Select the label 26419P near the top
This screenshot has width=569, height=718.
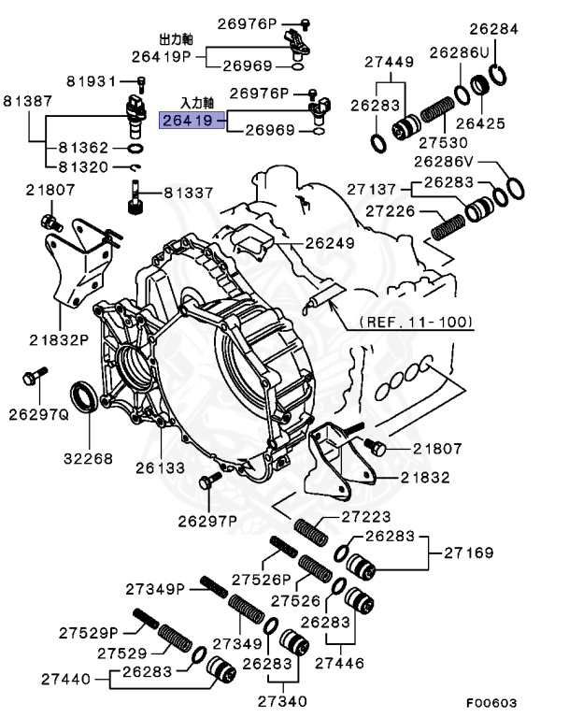(x=160, y=56)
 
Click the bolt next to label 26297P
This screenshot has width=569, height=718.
(x=207, y=483)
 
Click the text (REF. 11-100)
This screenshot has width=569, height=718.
(x=416, y=323)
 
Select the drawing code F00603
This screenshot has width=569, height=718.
(x=493, y=702)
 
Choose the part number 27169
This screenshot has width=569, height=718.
(x=465, y=553)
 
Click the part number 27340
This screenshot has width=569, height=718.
(x=281, y=699)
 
